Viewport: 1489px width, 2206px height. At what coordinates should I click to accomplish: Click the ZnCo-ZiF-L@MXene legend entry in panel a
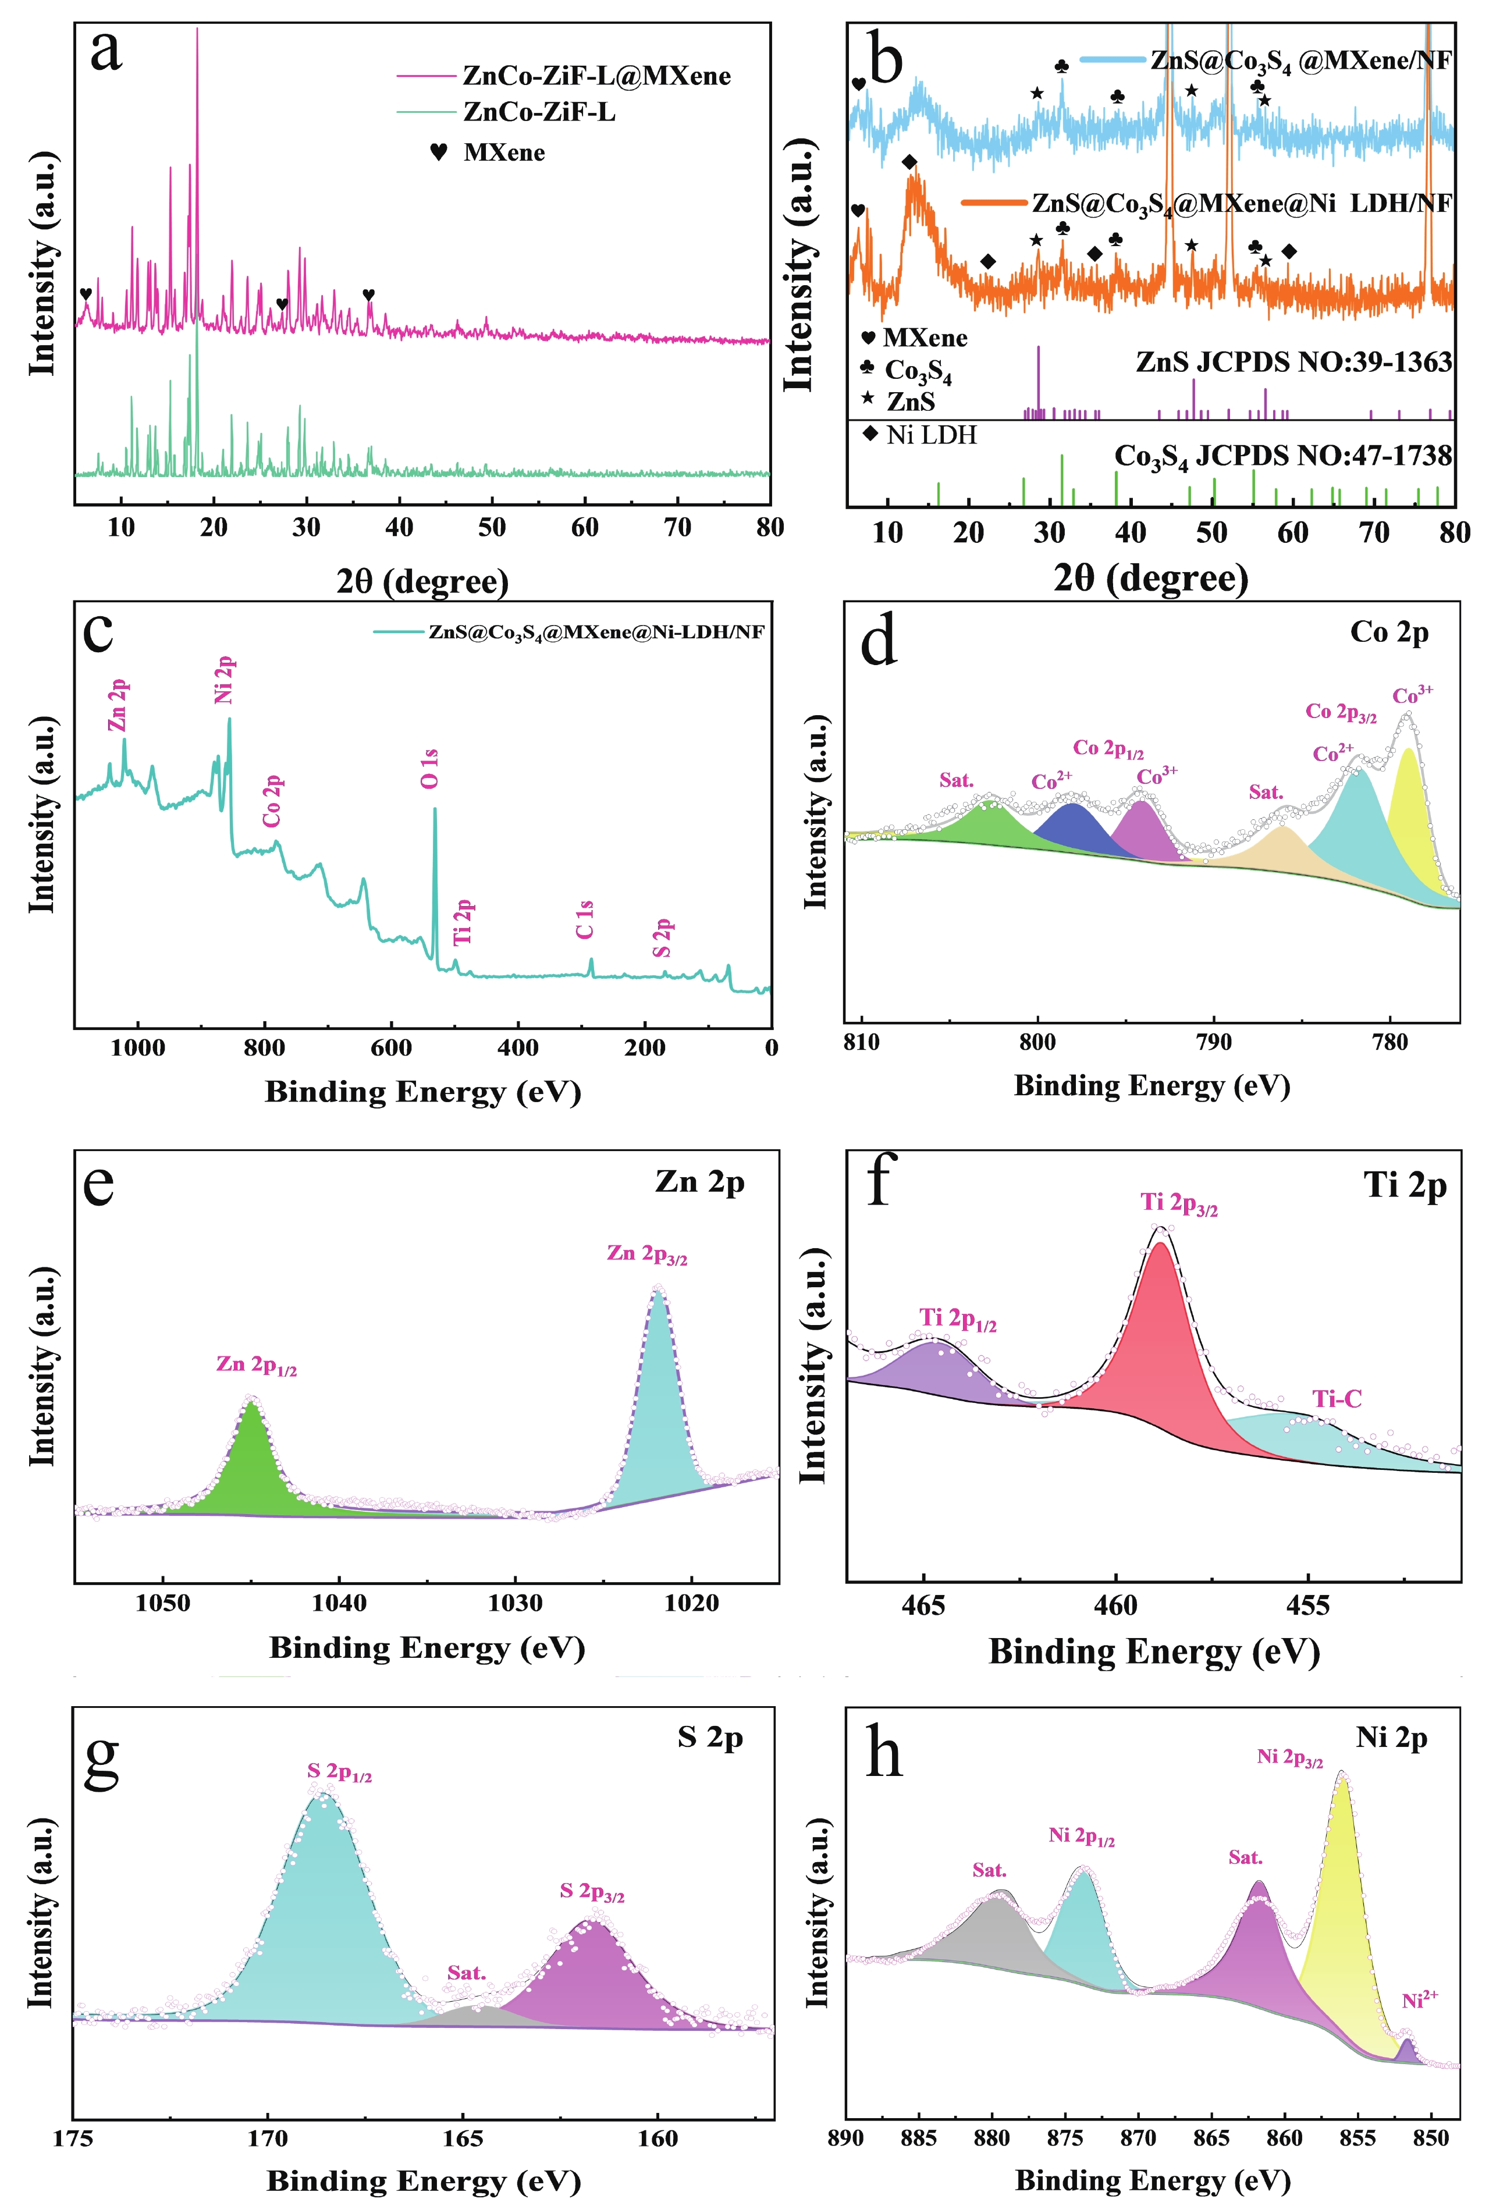[596, 76]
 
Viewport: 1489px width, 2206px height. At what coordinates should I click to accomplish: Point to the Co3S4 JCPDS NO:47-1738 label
[1282, 457]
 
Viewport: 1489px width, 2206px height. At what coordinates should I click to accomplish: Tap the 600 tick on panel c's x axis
[391, 1048]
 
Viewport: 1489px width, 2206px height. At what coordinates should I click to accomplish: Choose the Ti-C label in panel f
[1336, 1399]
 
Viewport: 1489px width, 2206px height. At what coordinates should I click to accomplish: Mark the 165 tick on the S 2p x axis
[463, 2138]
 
